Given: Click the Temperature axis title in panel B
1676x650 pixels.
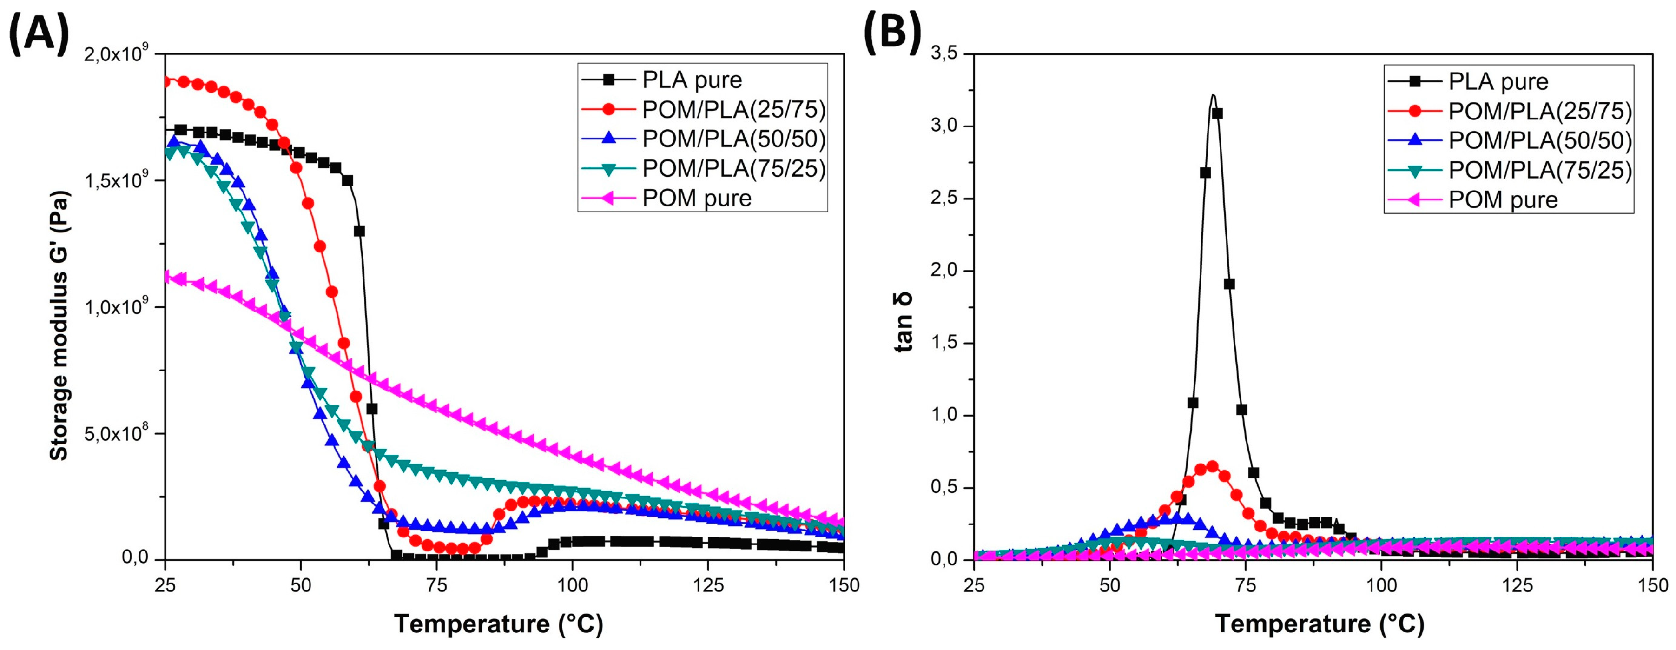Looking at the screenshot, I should (x=1320, y=623).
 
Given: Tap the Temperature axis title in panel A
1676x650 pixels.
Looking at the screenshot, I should (x=498, y=623).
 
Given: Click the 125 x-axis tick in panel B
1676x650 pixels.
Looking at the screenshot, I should (x=1517, y=585).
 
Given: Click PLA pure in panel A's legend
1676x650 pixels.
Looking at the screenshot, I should (x=692, y=80).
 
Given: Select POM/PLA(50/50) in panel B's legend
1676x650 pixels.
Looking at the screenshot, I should (x=1540, y=140).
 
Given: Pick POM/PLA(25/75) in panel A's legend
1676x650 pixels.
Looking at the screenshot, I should (x=733, y=110).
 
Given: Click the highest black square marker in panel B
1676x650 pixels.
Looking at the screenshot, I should (x=1217, y=113).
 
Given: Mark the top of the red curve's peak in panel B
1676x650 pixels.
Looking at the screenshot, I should (x=1212, y=466).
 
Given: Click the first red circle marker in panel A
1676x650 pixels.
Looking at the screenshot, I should (x=166, y=81).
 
